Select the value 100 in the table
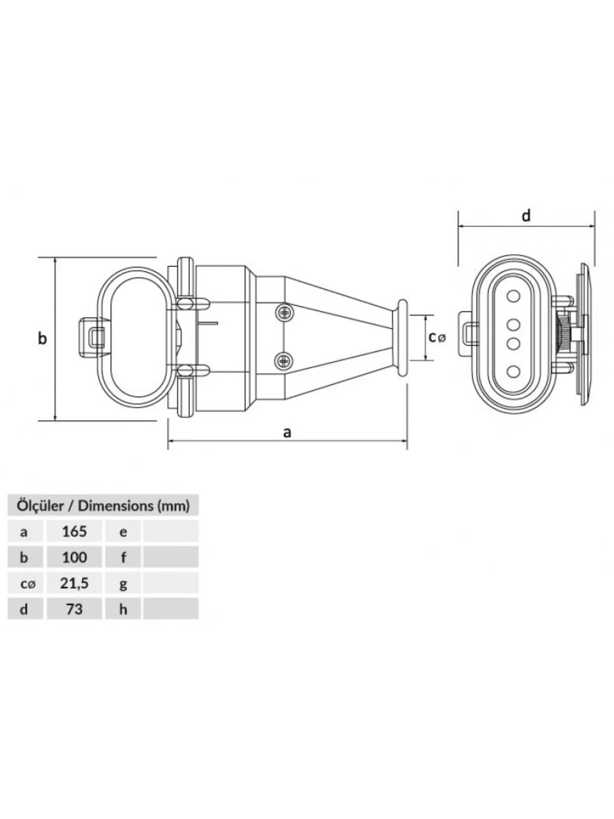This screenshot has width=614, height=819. pos(75,557)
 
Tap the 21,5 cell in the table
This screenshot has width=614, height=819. pos(75,583)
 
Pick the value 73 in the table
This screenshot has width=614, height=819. pos(75,609)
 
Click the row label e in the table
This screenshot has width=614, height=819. pos(123,532)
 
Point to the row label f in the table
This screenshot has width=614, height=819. pos(123,557)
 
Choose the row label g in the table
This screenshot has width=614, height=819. pos(123,585)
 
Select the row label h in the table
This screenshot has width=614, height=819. pos(123,609)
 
